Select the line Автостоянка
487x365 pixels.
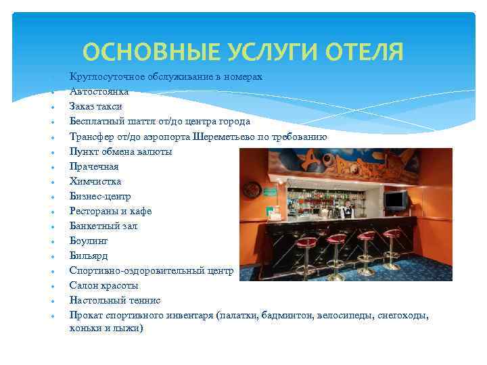coord(99,91)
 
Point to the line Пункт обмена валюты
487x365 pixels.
coord(120,151)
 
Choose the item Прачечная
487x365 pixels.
coord(94,166)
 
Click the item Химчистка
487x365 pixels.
coord(95,181)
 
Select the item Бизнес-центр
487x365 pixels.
coord(101,196)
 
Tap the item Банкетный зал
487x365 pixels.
coord(103,226)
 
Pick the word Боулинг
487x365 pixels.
coord(89,241)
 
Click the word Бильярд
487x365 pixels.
coord(89,255)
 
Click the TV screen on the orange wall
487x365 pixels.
coord(396,200)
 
